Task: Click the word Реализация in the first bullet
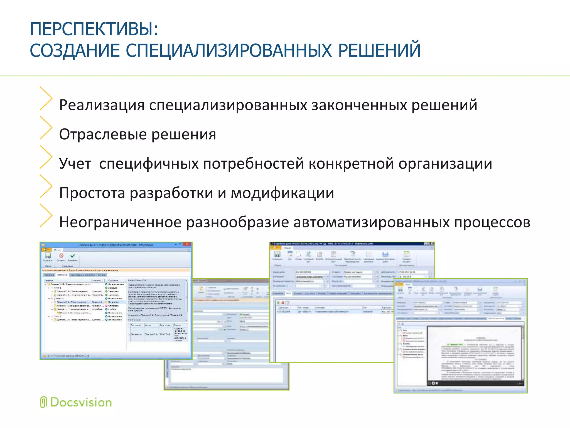[102, 105]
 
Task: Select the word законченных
[359, 105]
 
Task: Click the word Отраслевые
[103, 135]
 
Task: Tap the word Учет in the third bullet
[75, 164]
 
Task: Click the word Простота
[92, 193]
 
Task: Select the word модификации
[282, 193]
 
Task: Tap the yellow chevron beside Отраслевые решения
[46, 128]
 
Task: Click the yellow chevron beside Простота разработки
[46, 186]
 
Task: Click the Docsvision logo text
[81, 403]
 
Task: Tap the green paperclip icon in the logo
[43, 402]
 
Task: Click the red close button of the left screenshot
[187, 245]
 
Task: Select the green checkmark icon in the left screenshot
[73, 256]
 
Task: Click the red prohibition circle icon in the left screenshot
[61, 256]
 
